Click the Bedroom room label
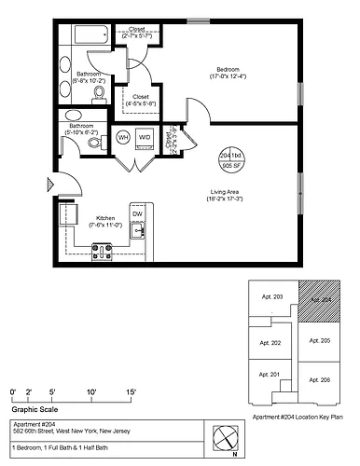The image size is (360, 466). point(228,70)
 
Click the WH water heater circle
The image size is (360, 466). point(123,138)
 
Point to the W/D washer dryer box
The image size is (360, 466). point(145,138)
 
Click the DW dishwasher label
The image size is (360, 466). point(137,213)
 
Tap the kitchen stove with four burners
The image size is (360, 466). point(102,251)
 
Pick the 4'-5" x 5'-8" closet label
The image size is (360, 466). point(142,100)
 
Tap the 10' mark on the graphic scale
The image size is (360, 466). point(92,391)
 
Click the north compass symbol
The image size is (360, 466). point(224,435)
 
